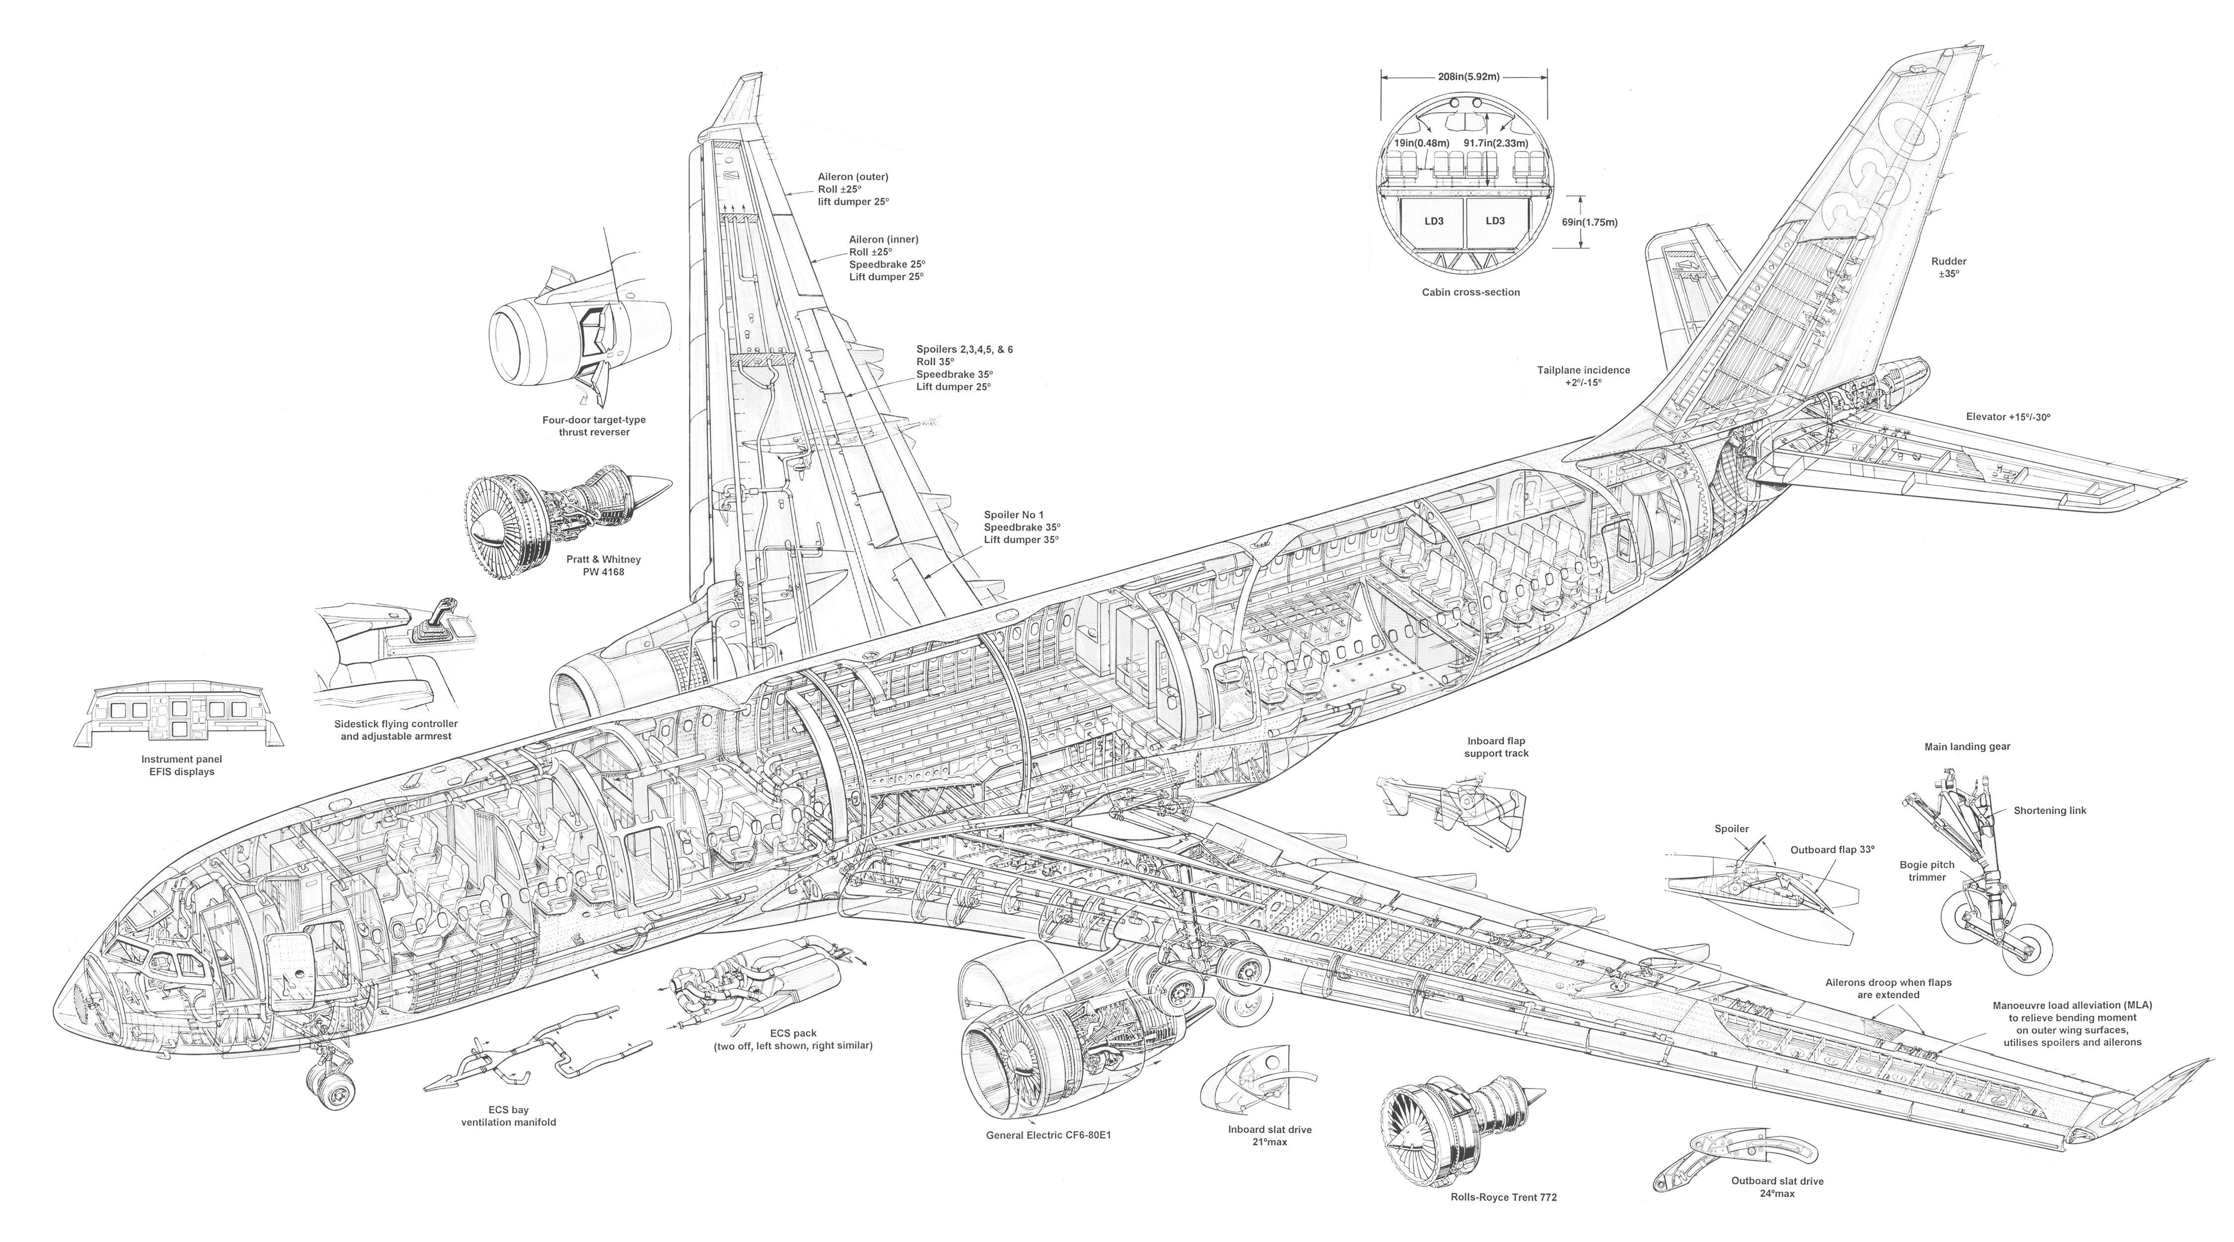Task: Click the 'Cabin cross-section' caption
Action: tap(1471, 292)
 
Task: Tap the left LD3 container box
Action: tap(1434, 220)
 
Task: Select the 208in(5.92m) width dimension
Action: tap(1465, 77)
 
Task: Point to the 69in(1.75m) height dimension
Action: tap(1590, 222)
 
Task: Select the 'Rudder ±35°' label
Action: tap(1949, 267)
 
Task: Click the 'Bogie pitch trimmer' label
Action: tap(1927, 871)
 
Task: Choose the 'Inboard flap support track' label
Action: tap(1496, 747)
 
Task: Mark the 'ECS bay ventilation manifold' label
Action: tap(508, 1115)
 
